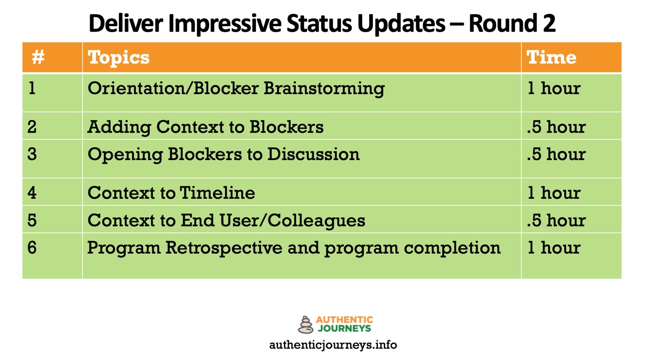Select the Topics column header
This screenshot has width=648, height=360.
pos(119,57)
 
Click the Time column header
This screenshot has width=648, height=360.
pos(551,57)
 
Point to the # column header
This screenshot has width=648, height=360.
pos(38,57)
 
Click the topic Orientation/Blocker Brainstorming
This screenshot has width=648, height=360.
pos(236,88)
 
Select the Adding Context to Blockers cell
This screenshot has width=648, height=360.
pos(205,127)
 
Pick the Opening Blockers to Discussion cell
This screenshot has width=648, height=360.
pos(224,154)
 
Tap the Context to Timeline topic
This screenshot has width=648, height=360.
pos(171,193)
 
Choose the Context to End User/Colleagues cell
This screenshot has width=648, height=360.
pos(226,220)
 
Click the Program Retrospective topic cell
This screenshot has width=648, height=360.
pos(293,247)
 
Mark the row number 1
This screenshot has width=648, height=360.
pos(32,88)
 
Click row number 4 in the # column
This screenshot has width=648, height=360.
pos(32,193)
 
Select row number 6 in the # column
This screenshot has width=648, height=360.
pos(32,247)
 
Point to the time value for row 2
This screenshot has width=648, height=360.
pos(556,127)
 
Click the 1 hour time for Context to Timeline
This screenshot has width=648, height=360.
pos(554,193)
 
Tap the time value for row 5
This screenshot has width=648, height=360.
pos(556,220)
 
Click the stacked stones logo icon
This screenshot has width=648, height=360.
pos(306,325)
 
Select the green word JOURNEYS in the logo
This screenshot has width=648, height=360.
pos(344,328)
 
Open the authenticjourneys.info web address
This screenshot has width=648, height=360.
pos(333,345)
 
